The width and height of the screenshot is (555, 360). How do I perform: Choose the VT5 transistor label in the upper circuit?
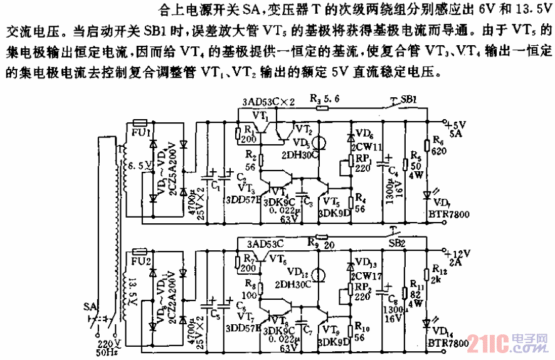330,201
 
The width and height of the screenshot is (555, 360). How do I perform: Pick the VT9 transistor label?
330,327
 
